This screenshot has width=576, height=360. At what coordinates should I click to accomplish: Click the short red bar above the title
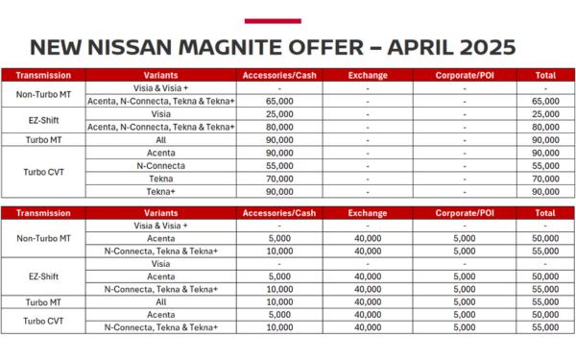(272, 20)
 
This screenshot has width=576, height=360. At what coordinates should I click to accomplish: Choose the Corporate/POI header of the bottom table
(464, 213)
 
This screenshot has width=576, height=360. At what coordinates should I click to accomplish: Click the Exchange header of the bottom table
(368, 213)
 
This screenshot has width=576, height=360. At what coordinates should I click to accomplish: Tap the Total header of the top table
(544, 74)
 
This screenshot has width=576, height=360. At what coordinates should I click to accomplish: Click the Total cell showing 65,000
(544, 100)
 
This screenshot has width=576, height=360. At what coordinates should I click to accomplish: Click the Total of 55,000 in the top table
(544, 165)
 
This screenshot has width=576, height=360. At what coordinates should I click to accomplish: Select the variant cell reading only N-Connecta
(161, 165)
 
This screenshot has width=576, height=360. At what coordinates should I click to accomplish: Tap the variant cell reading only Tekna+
(161, 191)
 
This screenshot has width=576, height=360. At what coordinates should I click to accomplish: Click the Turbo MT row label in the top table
(43, 139)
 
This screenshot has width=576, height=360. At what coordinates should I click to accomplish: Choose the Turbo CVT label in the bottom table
(43, 321)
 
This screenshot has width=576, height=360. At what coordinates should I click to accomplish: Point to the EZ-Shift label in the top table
(43, 119)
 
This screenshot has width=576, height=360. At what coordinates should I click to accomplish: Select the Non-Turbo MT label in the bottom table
(43, 237)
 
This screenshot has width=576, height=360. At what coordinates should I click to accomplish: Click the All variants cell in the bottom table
(161, 301)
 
